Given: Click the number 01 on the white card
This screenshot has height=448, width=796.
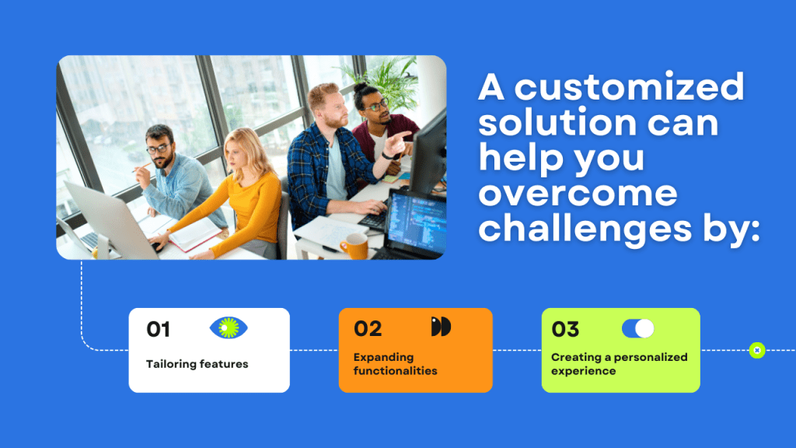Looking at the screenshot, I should pos(158,329).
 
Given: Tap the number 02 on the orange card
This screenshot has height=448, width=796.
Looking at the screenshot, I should pos(368,328).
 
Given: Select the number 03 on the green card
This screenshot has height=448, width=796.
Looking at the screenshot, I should pos(565,329).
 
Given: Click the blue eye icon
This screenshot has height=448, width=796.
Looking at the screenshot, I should pos(229,328).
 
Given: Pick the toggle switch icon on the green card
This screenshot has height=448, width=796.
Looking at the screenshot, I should pos(637,328).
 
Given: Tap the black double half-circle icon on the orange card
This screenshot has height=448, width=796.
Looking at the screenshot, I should pos(441,327).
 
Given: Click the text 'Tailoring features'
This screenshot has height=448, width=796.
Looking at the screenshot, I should pos(197,364).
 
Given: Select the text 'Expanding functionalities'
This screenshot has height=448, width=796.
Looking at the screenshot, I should pos(395,364).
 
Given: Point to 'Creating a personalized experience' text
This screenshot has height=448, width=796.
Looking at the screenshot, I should pos(619,364).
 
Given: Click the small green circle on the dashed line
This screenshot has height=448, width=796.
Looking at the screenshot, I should pos(757,350).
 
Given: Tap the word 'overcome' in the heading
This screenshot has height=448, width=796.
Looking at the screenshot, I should pos(578,193).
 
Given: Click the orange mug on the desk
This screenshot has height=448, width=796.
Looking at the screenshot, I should pos(353,246).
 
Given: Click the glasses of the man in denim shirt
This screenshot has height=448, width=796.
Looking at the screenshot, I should pos(158,149).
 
